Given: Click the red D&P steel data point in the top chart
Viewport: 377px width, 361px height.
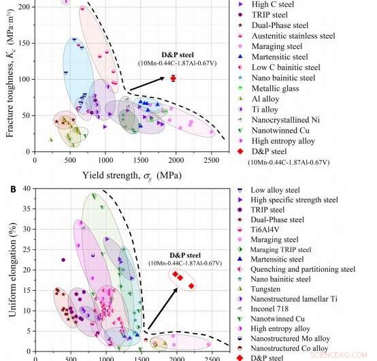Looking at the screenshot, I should click(173, 78).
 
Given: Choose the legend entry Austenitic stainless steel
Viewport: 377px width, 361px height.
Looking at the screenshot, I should click(293, 35).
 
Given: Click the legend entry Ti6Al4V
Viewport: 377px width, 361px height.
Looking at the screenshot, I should click(268, 230).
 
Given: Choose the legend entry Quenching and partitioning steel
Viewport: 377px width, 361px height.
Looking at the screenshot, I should click(302, 269).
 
